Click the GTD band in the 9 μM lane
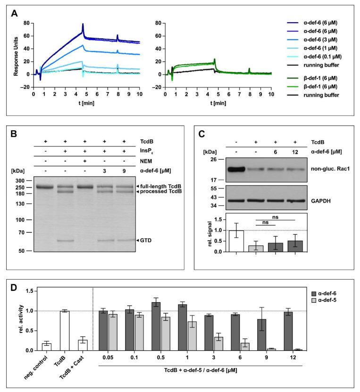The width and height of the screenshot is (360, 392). pos(125,240)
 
